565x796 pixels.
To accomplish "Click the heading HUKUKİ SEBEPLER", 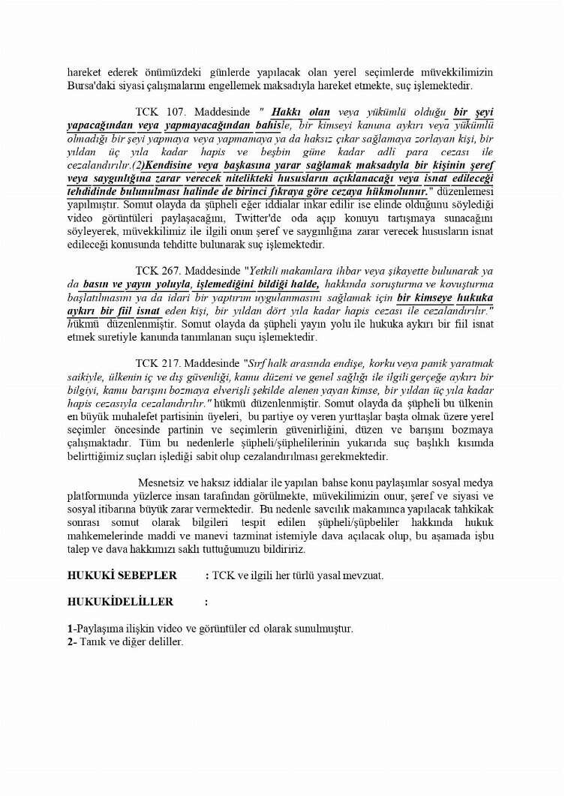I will pos(122,575).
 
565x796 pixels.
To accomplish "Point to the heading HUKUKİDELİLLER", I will pos(120,602).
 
